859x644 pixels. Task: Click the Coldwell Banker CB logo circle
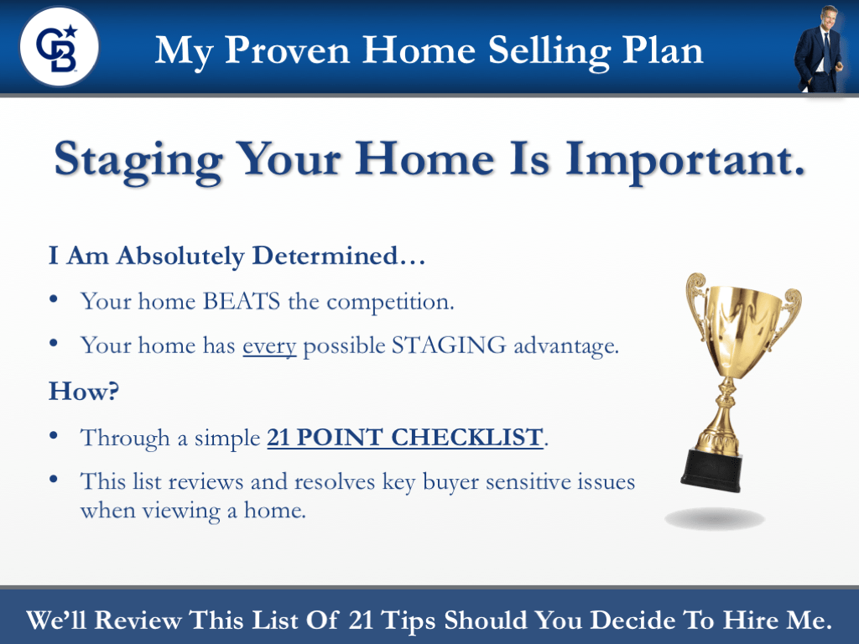click(x=59, y=46)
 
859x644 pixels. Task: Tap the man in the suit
click(x=820, y=50)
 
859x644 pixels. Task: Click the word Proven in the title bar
click(x=284, y=51)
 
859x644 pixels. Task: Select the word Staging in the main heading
click(x=138, y=159)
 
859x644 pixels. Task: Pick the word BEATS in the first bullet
click(x=242, y=301)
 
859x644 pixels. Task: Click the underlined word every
click(x=269, y=345)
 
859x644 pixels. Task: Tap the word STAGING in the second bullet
click(x=447, y=345)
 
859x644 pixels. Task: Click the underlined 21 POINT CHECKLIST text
click(x=404, y=437)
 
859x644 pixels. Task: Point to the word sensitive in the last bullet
click(x=525, y=482)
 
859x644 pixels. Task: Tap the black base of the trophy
click(x=712, y=470)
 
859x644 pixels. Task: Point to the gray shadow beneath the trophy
click(x=715, y=518)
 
